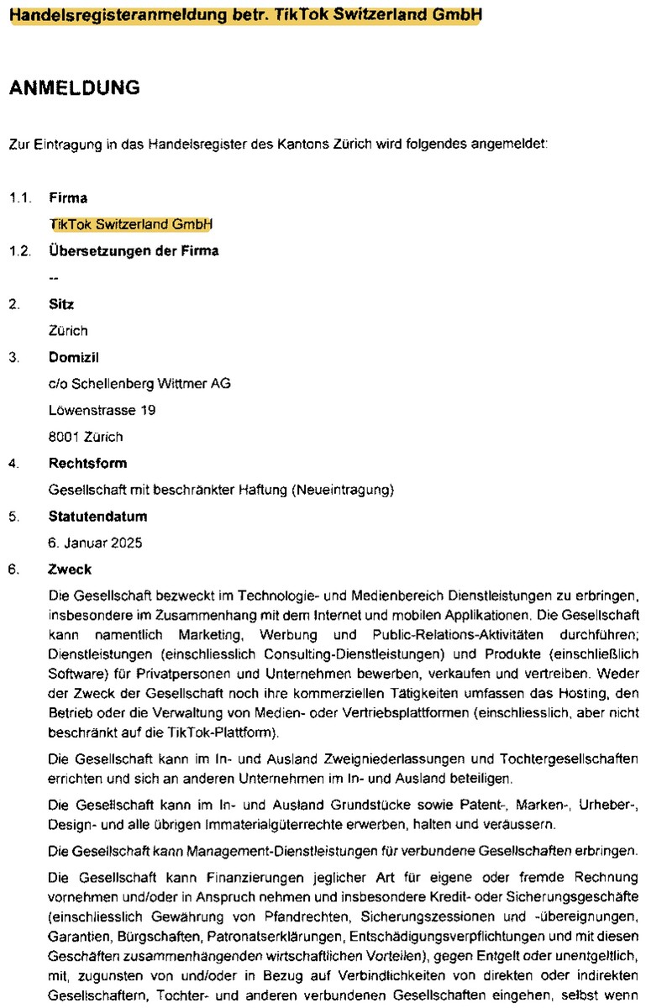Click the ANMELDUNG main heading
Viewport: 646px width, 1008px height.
click(x=74, y=87)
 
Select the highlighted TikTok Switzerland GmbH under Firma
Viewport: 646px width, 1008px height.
click(x=131, y=224)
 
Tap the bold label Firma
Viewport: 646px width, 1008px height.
click(x=68, y=198)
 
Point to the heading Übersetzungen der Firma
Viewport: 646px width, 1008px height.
click(x=134, y=250)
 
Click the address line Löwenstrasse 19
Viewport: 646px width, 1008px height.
click(x=102, y=410)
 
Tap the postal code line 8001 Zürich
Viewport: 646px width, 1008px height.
click(x=86, y=437)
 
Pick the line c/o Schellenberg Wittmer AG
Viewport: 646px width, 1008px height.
click(x=139, y=384)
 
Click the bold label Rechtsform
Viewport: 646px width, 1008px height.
click(x=88, y=463)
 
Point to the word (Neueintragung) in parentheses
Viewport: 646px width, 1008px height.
click(x=343, y=489)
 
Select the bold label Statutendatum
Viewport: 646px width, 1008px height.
click(x=97, y=516)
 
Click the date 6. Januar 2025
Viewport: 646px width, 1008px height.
click(x=95, y=543)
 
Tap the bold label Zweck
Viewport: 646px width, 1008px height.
click(x=70, y=570)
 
